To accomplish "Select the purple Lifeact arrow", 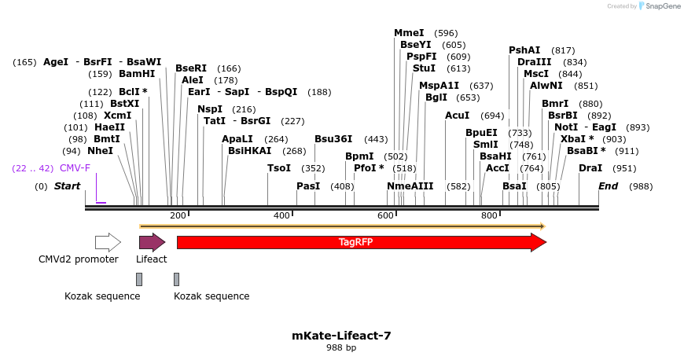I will [152, 242].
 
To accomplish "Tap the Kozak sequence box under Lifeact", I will [139, 279].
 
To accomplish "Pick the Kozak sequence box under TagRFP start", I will [177, 279].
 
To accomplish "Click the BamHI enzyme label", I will [137, 74].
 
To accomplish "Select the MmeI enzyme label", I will [409, 33].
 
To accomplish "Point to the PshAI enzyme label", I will [524, 50].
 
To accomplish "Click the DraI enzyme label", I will [590, 168].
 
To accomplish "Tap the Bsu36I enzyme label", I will [333, 139].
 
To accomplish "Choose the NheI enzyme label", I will [100, 150].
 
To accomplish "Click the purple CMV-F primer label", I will [75, 168].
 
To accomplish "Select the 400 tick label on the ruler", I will [281, 215].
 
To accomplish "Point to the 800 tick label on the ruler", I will [489, 215].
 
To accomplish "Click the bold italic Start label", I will [67, 186].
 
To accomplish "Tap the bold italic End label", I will [608, 186].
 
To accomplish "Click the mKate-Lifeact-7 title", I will [341, 336].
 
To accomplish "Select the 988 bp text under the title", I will [341, 347].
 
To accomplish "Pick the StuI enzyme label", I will [424, 68].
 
